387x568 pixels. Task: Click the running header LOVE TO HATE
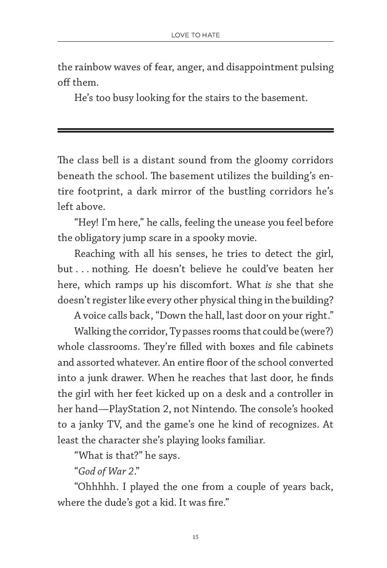[195, 35]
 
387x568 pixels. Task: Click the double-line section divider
[195, 130]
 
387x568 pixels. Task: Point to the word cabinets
[314, 346]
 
